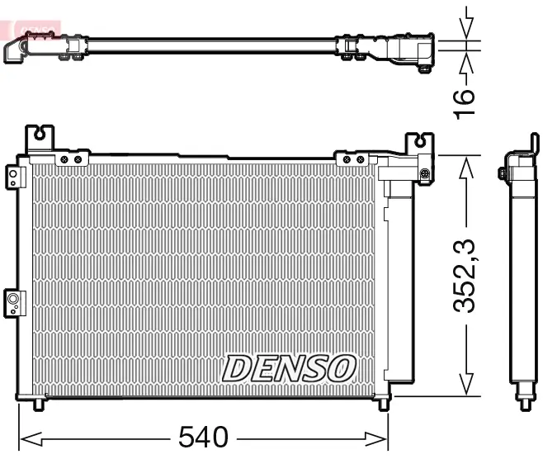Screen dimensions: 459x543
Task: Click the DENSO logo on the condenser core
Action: [x=289, y=367]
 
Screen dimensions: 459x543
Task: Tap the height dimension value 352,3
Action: [x=467, y=274]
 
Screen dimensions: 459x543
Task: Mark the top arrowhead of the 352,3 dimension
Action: [x=467, y=164]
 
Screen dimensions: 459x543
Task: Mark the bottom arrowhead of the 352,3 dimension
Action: [x=467, y=384]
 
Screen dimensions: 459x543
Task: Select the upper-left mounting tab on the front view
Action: [x=40, y=137]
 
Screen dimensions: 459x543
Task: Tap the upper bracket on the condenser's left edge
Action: [x=13, y=177]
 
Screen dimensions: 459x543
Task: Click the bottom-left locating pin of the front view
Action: [x=39, y=405]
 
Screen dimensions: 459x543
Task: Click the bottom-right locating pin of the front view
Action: [x=383, y=405]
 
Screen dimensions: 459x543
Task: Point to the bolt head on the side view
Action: [x=502, y=173]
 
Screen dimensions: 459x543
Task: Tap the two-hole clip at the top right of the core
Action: [x=353, y=159]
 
